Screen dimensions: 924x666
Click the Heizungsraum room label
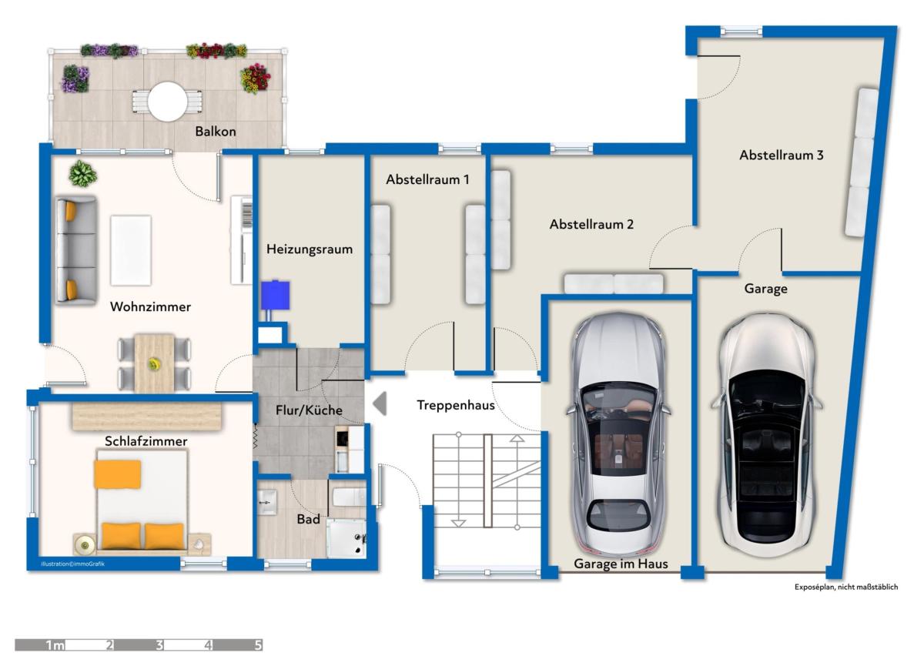pos(310,249)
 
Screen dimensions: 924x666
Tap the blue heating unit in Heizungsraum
pos(275,295)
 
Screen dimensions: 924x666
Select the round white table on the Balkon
pos(168,102)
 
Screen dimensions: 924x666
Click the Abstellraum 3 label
pos(782,155)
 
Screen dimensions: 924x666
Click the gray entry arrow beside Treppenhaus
pos(380,403)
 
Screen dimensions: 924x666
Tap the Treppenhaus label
pos(455,405)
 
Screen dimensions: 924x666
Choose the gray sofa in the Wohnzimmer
pos(76,250)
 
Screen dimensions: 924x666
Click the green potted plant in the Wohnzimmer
pos(82,173)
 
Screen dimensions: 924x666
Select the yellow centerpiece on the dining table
pos(155,364)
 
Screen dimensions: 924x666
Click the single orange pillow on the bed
pos(118,474)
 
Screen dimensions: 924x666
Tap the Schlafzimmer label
pos(146,441)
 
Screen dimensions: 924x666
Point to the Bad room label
pos(309,519)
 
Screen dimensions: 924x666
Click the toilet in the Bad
pos(349,497)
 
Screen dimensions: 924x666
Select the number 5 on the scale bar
pos(258,645)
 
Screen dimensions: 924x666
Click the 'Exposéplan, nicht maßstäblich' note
pos(846,587)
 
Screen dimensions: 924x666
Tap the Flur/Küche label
pos(309,410)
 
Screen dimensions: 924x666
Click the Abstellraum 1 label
pos(428,179)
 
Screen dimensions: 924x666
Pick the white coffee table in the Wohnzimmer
pos(131,250)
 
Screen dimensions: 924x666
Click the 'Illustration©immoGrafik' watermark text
pos(73,564)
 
